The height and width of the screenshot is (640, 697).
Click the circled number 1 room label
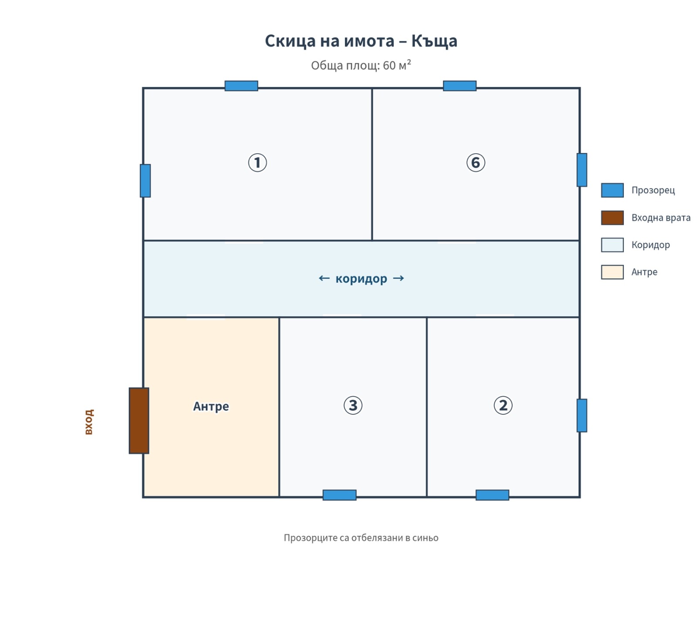pyautogui.click(x=257, y=163)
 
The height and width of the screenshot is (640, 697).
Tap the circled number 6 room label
pyautogui.click(x=475, y=163)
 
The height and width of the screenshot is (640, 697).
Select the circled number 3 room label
pyautogui.click(x=353, y=405)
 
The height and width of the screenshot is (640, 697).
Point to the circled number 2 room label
pyautogui.click(x=503, y=405)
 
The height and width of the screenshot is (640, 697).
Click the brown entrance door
pyautogui.click(x=139, y=420)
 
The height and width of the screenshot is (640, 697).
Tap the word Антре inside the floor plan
pyautogui.click(x=211, y=406)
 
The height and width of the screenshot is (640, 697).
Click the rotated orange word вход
pyautogui.click(x=89, y=422)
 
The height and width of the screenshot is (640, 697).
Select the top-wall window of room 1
pyautogui.click(x=241, y=86)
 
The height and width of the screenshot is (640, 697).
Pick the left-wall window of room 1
pyautogui.click(x=145, y=181)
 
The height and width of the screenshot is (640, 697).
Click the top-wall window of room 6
pyautogui.click(x=460, y=86)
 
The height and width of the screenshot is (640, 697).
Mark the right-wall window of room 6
pyautogui.click(x=582, y=170)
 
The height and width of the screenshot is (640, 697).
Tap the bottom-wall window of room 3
pyautogui.click(x=339, y=495)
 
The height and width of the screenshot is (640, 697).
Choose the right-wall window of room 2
pyautogui.click(x=582, y=416)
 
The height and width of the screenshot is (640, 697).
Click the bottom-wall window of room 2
pyautogui.click(x=492, y=495)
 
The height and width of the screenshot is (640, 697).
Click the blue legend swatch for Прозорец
pyautogui.click(x=612, y=190)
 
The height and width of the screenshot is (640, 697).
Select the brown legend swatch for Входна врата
pyautogui.click(x=612, y=218)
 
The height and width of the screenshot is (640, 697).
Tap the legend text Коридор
pyautogui.click(x=650, y=245)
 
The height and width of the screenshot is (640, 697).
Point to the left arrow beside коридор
pyautogui.click(x=324, y=278)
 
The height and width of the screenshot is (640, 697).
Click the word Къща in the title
pyautogui.click(x=434, y=41)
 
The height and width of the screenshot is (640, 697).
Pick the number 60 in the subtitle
pyautogui.click(x=389, y=65)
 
